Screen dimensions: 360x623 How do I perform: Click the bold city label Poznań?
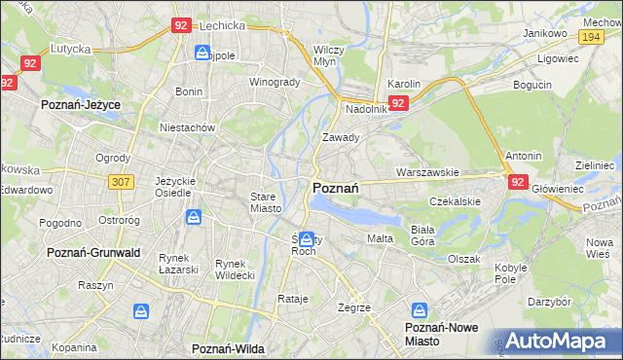point(337,187)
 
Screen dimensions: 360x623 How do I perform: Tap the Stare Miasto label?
point(265,202)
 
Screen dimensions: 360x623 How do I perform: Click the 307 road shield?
point(121,181)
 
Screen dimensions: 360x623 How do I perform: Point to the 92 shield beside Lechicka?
point(180,26)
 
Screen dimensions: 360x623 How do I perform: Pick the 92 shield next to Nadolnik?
point(398,102)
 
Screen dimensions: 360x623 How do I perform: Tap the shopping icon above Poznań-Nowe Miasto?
point(421,311)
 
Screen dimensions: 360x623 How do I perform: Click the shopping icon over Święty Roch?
point(307,238)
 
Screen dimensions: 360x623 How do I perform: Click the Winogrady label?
point(275,82)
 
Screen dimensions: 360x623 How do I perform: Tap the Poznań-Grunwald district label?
point(93,252)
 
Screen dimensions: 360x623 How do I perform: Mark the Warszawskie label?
point(426,172)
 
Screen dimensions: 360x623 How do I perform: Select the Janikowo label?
point(544,33)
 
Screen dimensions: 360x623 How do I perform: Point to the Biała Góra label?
point(422,234)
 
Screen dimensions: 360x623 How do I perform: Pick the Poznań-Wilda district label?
point(228,347)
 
